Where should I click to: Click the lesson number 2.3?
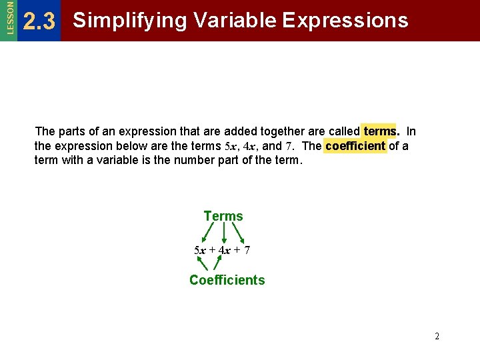click(x=39, y=22)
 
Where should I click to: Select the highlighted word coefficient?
click(x=355, y=146)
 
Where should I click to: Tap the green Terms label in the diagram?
click(x=223, y=216)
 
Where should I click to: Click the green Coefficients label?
click(x=227, y=280)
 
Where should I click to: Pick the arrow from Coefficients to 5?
click(x=203, y=264)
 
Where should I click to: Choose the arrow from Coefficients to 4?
click(x=217, y=264)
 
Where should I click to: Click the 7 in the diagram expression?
click(x=247, y=251)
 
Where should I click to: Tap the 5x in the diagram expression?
click(x=199, y=251)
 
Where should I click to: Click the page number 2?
click(x=437, y=337)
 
